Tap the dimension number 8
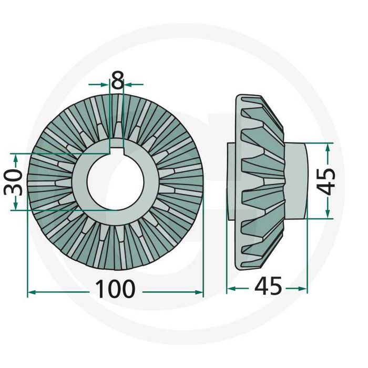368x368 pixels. (117, 81)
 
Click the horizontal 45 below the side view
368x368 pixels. (268, 287)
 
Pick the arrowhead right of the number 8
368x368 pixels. (127, 84)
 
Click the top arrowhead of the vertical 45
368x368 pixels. (328, 147)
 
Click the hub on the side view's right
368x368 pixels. (295, 180)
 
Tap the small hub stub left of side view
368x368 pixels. (232, 180)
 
